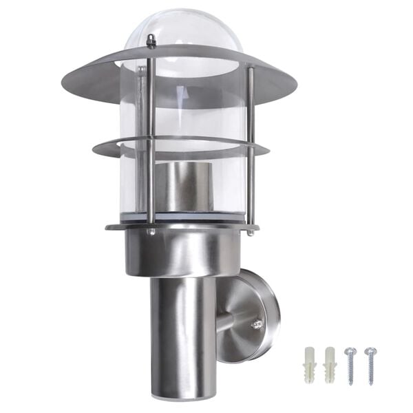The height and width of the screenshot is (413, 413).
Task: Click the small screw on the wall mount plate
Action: tap(257, 323)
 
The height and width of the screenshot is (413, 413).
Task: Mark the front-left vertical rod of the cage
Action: tap(151, 138)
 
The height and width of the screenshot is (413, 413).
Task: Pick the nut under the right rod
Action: tap(251, 232)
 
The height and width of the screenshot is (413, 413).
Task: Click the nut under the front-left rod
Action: tap(151, 233)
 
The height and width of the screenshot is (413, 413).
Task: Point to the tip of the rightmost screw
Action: tap(372, 383)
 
